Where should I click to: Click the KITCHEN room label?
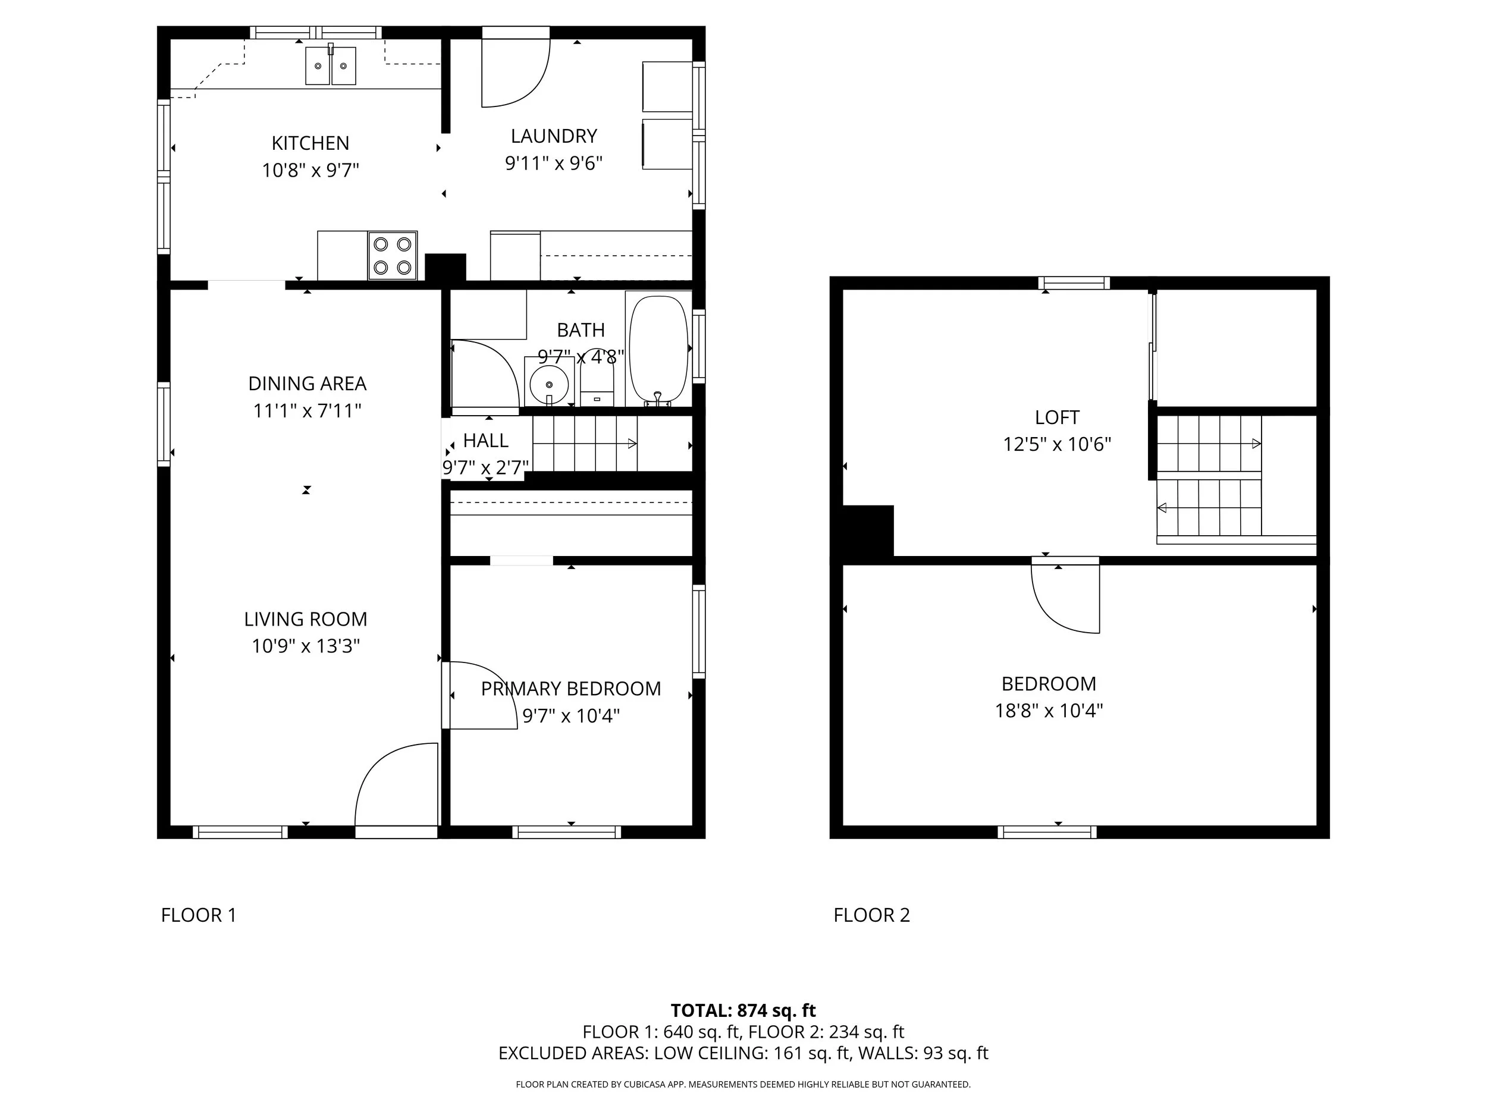pos(310,143)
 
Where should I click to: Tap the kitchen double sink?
pos(330,66)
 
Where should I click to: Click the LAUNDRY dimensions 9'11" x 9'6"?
pos(553,164)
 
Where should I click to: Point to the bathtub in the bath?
pos(658,351)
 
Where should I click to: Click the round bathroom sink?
pos(549,384)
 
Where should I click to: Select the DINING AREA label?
pos(308,384)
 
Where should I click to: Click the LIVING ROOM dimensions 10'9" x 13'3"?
pos(306,646)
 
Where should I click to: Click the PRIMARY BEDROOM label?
pos(571,689)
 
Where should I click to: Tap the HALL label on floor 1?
pos(485,441)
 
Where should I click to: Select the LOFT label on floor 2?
pos(1057,417)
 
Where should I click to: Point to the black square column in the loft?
pos(868,531)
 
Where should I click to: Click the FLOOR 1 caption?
pos(198,915)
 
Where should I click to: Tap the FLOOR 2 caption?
pos(871,915)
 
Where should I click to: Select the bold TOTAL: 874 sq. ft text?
pos(743,1011)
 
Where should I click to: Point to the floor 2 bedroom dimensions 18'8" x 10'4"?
pos(1049,711)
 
